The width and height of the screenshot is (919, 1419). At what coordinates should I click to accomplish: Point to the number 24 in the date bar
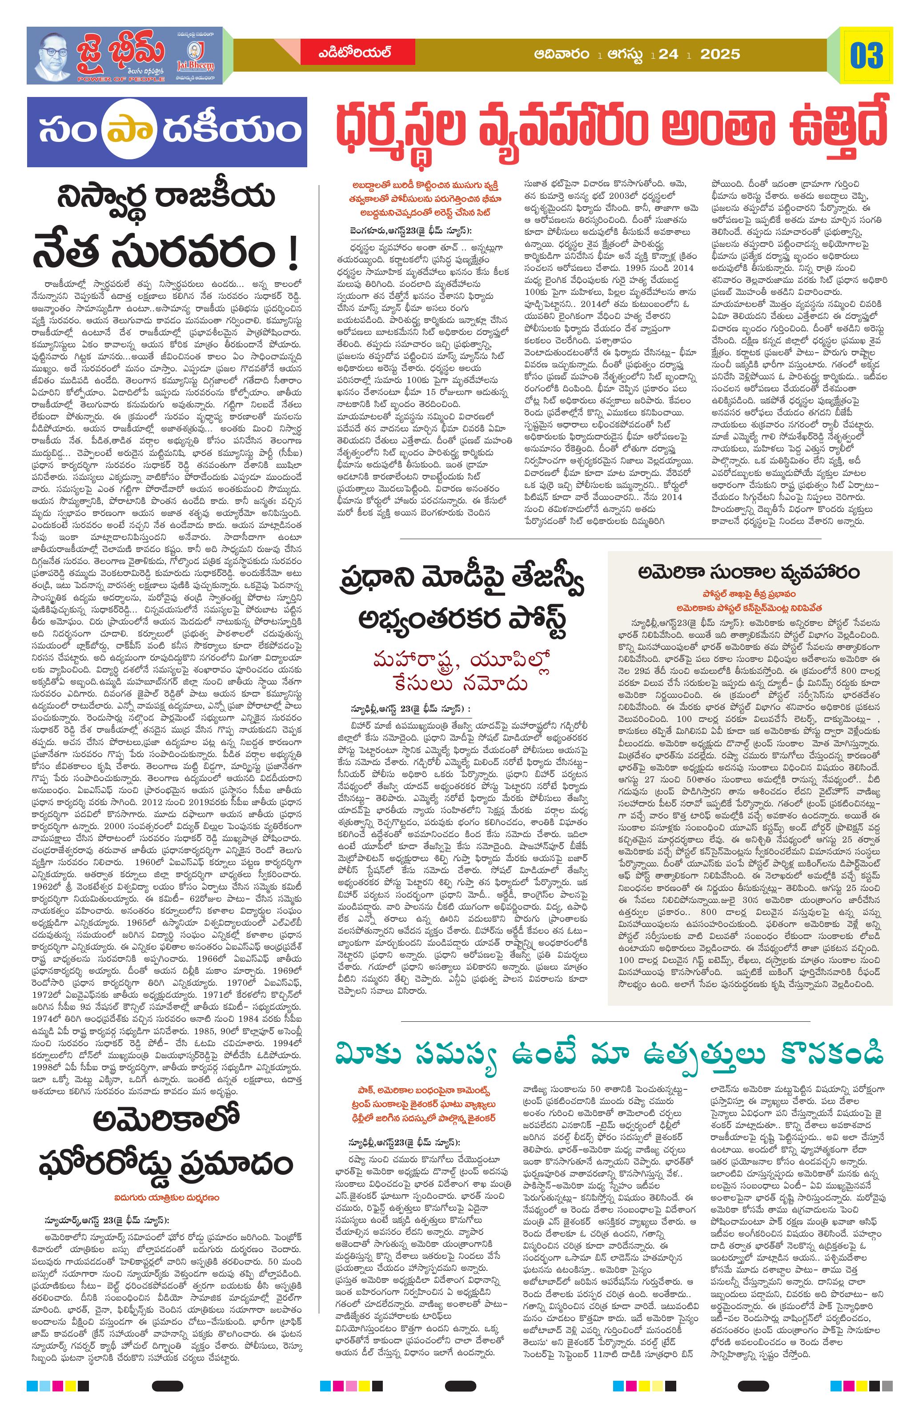pyautogui.click(x=669, y=54)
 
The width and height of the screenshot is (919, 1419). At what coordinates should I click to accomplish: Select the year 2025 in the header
pyautogui.click(x=719, y=54)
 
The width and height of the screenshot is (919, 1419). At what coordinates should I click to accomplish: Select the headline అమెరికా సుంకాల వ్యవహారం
pyautogui.click(x=749, y=572)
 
